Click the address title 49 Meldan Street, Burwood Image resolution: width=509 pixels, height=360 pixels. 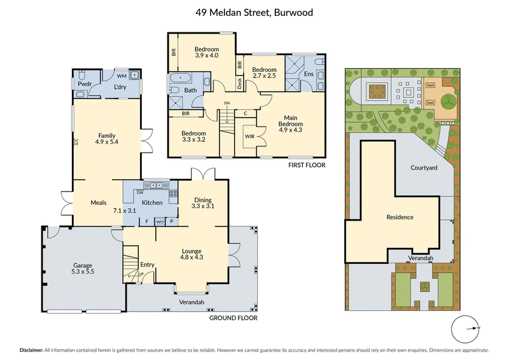pyautogui.click(x=254, y=13)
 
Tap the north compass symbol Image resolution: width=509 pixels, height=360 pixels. pyautogui.click(x=466, y=329)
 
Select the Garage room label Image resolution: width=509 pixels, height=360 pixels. pyautogui.click(x=83, y=265)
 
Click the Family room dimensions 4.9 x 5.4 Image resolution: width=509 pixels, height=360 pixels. pyautogui.click(x=107, y=142)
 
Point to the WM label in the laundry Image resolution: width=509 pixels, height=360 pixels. pyautogui.click(x=122, y=76)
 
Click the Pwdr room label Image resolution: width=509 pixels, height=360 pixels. pyautogui.click(x=85, y=84)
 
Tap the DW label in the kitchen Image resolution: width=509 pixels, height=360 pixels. pyautogui.click(x=140, y=193)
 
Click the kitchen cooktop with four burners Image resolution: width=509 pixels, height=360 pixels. pyautogui.click(x=173, y=193)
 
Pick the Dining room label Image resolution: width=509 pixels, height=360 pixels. pyautogui.click(x=203, y=200)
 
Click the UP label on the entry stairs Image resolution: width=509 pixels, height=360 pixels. pyautogui.click(x=141, y=274)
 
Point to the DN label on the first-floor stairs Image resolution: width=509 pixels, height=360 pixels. pyautogui.click(x=227, y=103)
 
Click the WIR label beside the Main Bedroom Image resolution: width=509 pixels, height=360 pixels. pyautogui.click(x=249, y=136)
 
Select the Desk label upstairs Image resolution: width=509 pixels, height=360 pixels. pyautogui.click(x=240, y=83)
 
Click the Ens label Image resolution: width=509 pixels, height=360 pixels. pyautogui.click(x=309, y=74)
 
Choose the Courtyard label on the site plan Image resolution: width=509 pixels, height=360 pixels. pyautogui.click(x=424, y=168)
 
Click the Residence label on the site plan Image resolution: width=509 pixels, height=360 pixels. pyautogui.click(x=400, y=217)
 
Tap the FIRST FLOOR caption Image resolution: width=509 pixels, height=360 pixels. pyautogui.click(x=307, y=165)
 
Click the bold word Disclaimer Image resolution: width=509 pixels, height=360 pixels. pyautogui.click(x=31, y=350)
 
